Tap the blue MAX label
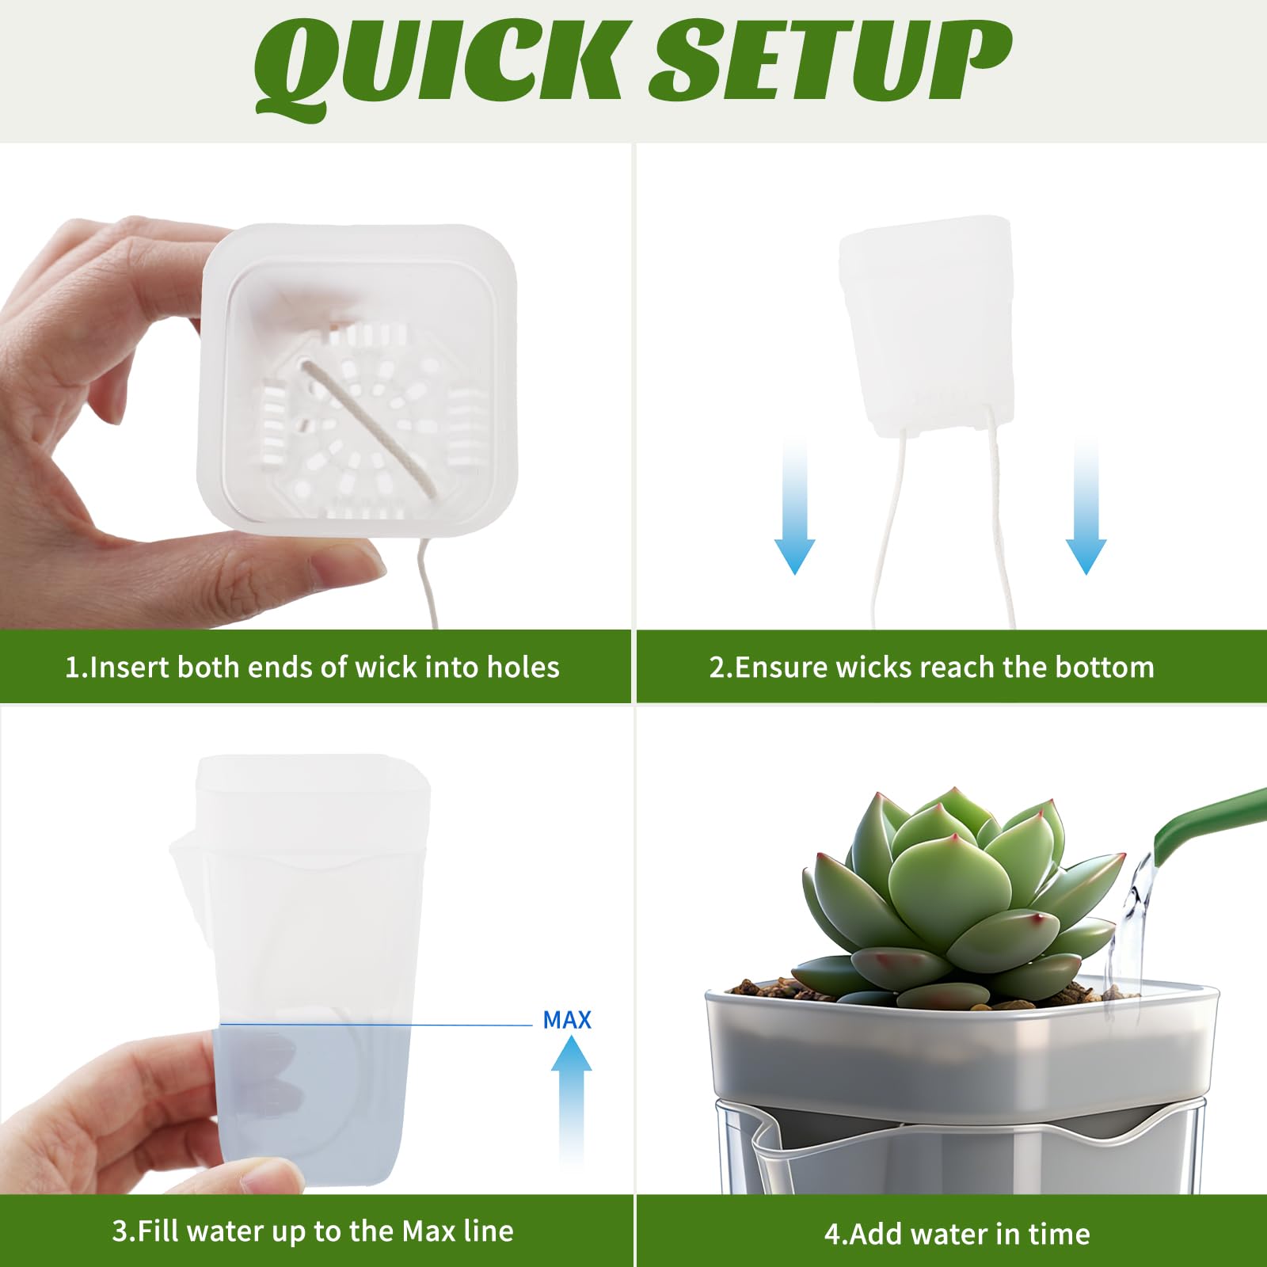pos(567,1020)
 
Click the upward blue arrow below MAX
pos(571,1101)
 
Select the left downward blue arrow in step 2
pos(794,507)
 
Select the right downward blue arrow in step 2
pos(1086,507)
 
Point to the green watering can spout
pos(1208,824)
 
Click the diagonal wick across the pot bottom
pos(368,428)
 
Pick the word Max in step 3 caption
pos(428,1231)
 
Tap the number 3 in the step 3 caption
pos(120,1231)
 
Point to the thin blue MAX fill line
pos(376,1025)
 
